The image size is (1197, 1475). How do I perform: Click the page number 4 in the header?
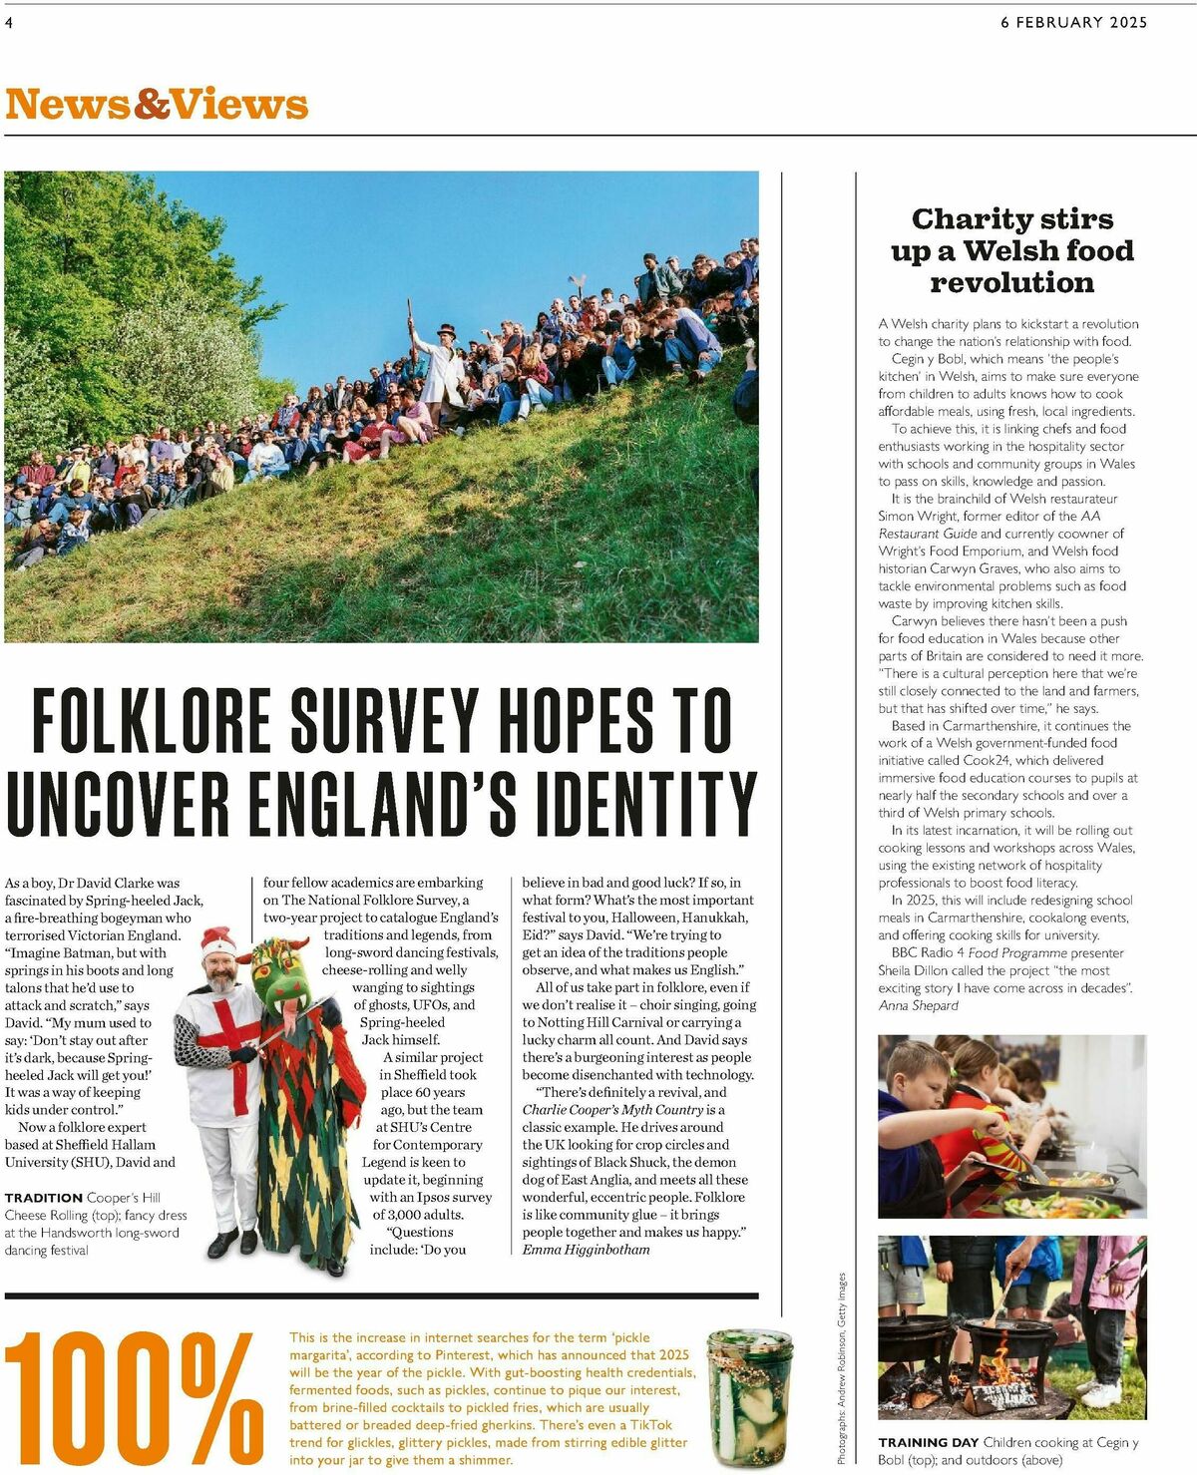tap(9, 22)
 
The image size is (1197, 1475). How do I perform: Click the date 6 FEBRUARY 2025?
tap(1073, 22)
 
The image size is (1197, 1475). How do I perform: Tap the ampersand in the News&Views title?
tap(153, 105)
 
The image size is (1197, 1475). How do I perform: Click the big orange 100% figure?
tap(135, 1400)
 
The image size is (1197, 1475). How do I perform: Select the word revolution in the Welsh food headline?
tap(1011, 283)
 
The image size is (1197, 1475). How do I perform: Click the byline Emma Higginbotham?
tap(586, 1250)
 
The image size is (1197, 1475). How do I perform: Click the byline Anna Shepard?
tap(918, 1005)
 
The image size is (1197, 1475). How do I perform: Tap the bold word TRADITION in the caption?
tap(43, 1198)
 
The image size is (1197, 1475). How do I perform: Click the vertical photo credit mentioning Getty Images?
tap(841, 1366)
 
